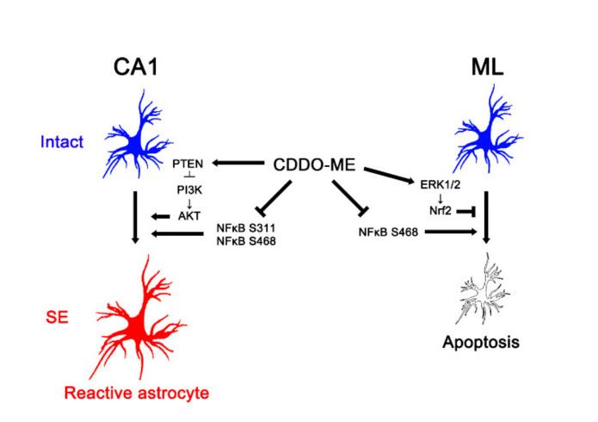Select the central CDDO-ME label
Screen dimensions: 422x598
coord(314,163)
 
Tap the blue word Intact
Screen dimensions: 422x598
coord(60,141)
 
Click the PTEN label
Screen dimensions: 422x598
coord(187,163)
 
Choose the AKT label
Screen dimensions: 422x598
coord(188,217)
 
